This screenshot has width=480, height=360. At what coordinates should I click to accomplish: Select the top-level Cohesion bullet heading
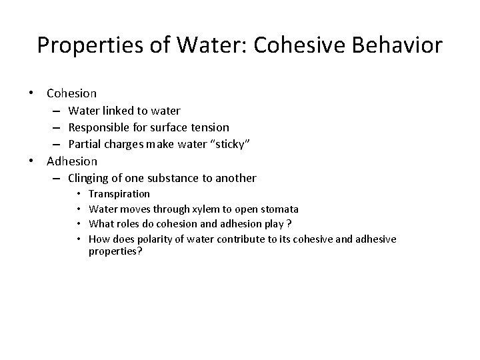click(72, 93)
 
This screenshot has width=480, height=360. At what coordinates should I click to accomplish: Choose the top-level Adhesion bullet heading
click(72, 161)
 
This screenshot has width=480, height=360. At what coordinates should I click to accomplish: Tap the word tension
click(210, 127)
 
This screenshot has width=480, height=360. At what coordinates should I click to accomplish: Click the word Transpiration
click(119, 194)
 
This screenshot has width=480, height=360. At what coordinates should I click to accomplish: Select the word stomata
click(279, 209)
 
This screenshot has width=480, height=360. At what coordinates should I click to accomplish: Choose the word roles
click(129, 223)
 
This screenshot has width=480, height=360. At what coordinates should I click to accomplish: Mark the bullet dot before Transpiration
click(79, 194)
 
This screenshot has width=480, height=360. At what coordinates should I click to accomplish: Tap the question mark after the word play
click(288, 223)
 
